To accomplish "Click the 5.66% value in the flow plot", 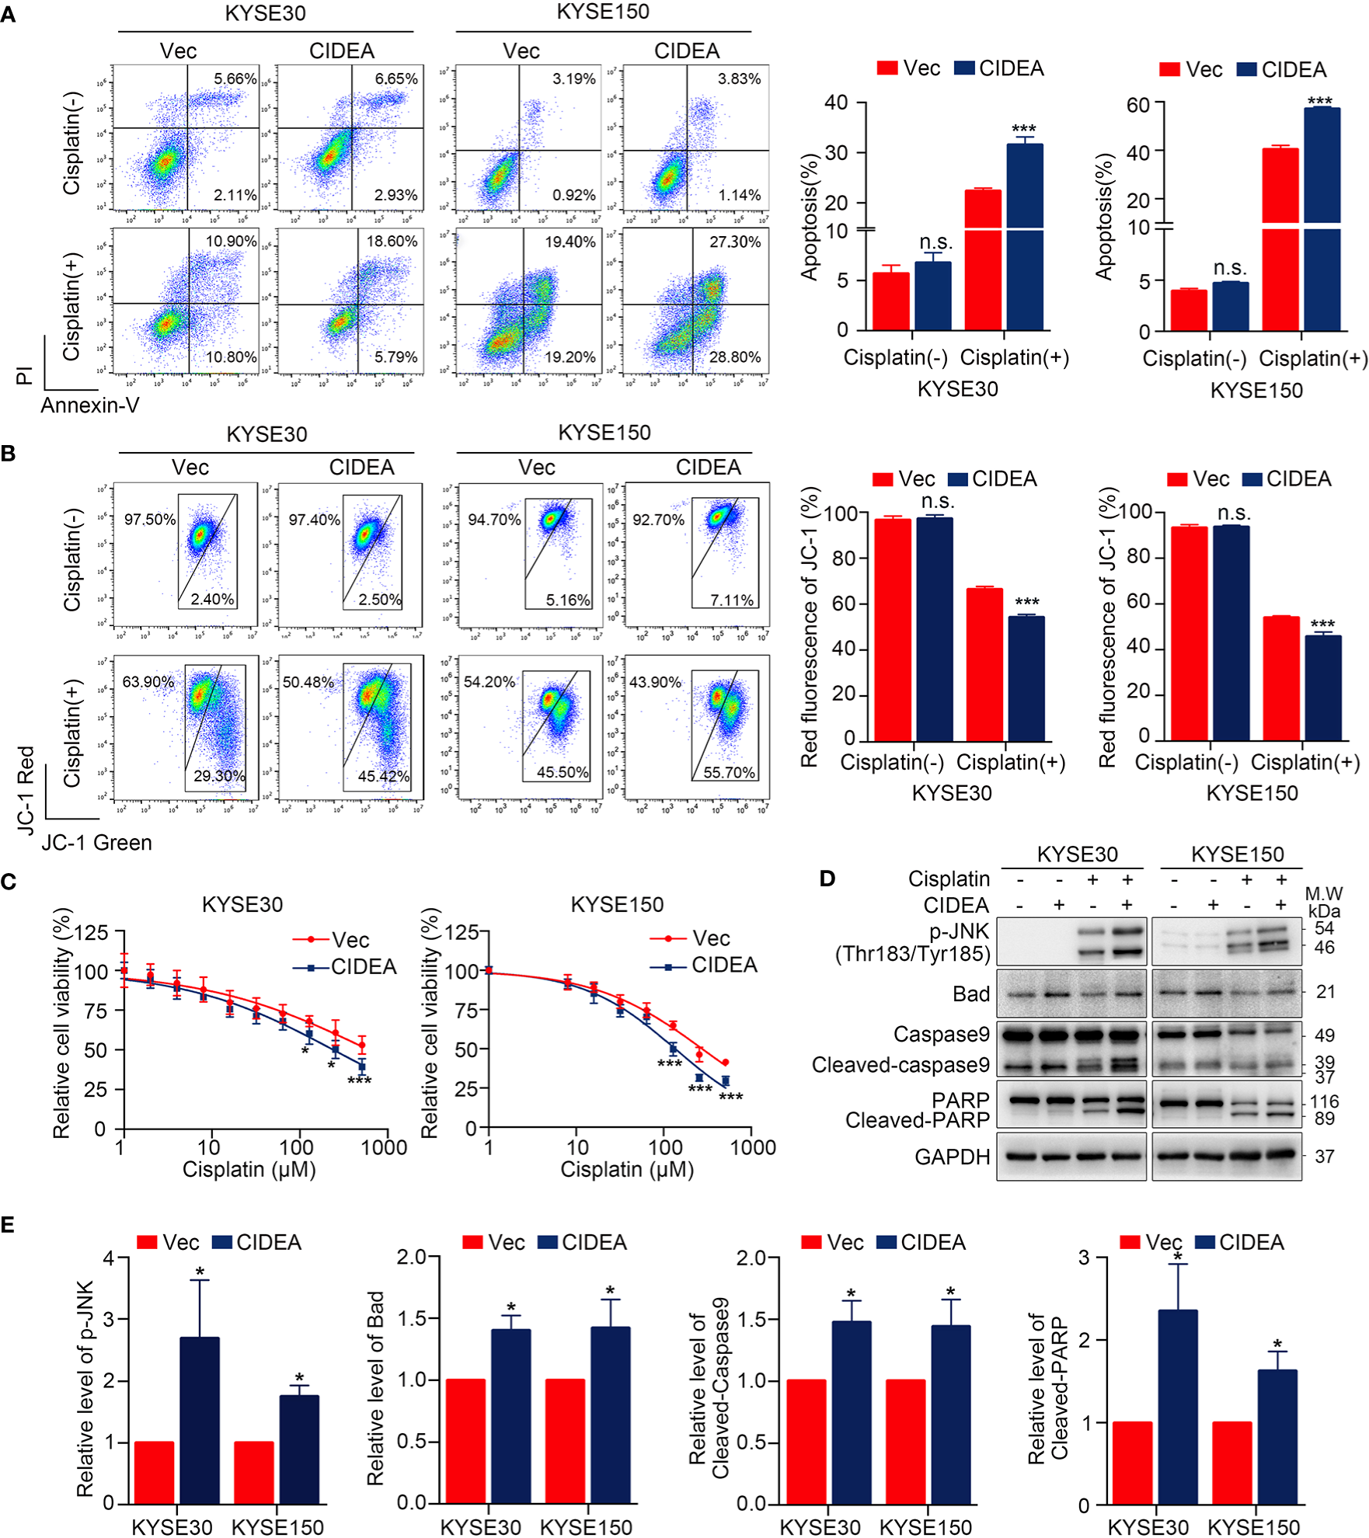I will coord(235,79).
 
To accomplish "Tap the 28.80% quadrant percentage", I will coord(734,357).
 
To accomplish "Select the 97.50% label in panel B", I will coord(150,519).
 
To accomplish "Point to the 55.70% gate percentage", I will coord(729,772).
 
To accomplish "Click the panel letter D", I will coord(827,879).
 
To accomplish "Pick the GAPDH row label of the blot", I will coord(952,1157).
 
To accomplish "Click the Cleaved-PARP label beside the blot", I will coord(917,1120).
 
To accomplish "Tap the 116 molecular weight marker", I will coord(1324,1101).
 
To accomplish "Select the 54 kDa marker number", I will coord(1324,928).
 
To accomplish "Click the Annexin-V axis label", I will coord(90,405).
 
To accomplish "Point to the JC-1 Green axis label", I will coord(96,843).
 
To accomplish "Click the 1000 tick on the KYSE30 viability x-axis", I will coord(384,1147).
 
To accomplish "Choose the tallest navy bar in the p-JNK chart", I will coord(200,1421).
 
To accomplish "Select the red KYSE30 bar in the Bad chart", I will coord(465,1441).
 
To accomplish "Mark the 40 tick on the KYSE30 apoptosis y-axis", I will coord(836,103).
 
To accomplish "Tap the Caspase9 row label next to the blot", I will coord(941,1035).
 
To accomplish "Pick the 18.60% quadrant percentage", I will coord(392,242).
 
